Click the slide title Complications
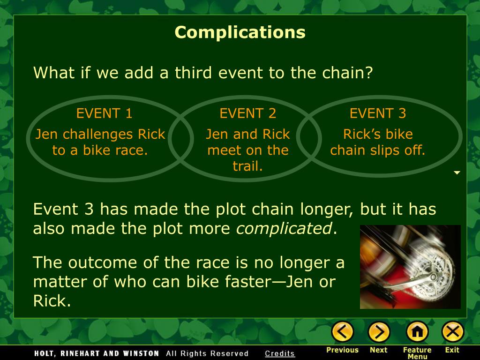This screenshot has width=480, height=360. coord(240,32)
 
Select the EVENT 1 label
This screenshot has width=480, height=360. coord(105,113)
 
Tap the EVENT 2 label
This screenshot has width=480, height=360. coord(248,113)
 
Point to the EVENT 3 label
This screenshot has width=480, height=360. coord(378,113)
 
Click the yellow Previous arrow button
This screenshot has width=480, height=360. coord(343,332)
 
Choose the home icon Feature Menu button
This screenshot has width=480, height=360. coord(417,332)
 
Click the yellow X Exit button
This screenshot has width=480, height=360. coord(452,332)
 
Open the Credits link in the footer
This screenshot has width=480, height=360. coord(280,353)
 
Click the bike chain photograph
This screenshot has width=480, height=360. coord(410,267)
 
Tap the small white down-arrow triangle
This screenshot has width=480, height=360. coord(457,173)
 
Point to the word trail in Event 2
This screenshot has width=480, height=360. coord(248,166)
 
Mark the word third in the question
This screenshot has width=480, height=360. coord(194,73)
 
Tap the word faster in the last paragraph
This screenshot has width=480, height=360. coord(256,282)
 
